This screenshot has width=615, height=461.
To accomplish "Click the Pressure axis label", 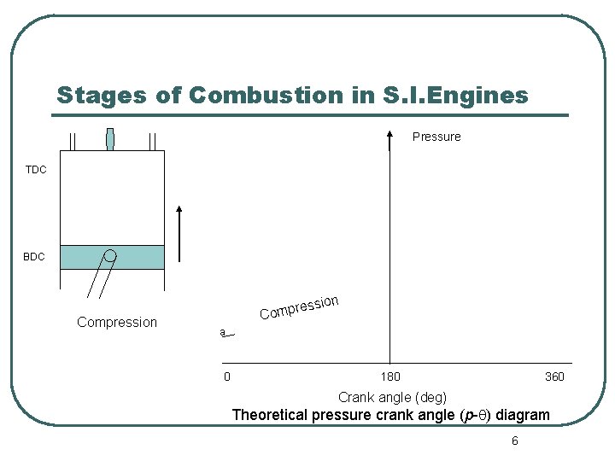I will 436,137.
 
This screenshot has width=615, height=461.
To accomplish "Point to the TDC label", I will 36,170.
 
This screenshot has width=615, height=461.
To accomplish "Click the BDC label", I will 34,256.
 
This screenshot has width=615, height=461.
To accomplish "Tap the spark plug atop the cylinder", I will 110,139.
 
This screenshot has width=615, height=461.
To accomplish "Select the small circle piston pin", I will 110,255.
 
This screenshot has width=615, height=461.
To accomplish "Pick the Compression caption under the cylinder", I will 117,322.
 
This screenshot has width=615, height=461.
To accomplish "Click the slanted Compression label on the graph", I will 300,307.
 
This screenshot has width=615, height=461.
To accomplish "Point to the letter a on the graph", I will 222,332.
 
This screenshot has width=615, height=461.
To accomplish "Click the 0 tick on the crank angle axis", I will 226,376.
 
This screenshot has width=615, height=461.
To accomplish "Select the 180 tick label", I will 389,376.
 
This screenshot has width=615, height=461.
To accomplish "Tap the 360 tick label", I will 554,376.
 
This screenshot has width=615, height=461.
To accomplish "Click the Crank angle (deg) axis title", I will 392,397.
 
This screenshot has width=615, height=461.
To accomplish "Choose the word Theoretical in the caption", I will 270,416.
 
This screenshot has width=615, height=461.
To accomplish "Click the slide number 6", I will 514,441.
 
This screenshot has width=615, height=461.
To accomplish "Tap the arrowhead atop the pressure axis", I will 389,134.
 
